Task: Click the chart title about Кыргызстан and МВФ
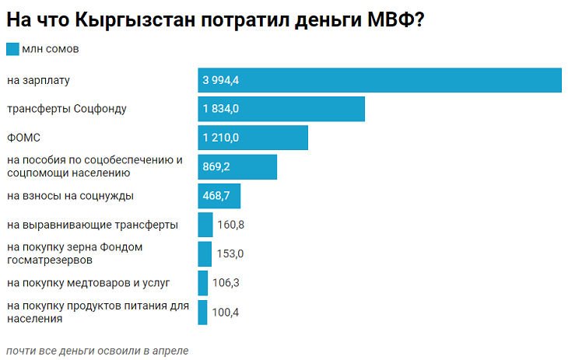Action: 215,20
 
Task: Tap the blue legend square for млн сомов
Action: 12,49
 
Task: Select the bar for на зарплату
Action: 379,80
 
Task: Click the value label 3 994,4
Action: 220,80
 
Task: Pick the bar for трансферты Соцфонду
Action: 281,109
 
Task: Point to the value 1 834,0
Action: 220,109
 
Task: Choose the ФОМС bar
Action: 253,138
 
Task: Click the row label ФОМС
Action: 23,138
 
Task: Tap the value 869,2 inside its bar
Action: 216,166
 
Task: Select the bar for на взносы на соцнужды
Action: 219,196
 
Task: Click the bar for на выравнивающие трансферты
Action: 205,225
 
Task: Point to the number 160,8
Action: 230,225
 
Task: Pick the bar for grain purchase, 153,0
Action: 205,253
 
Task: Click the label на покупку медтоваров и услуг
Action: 88,282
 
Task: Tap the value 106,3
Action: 226,282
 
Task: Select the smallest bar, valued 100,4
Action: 202,312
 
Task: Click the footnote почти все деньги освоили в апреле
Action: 96,351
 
